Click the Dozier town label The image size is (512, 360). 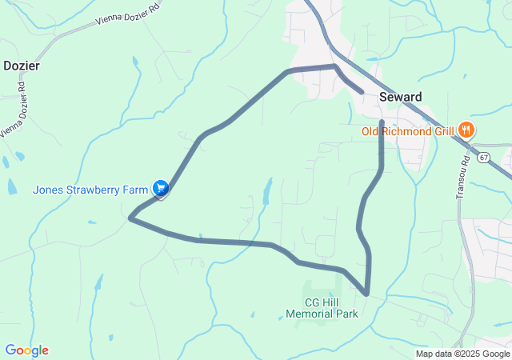tap(21, 66)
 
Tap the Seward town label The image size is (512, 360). tap(400, 97)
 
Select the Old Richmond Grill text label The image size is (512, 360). tap(407, 131)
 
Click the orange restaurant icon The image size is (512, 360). tap(466, 130)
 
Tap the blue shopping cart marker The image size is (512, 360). tap(161, 188)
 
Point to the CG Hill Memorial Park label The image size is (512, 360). tap(322, 308)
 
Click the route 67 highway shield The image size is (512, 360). tap(484, 158)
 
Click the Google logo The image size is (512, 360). tap(26, 350)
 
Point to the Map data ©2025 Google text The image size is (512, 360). tap(462, 354)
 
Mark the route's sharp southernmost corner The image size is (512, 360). tap(366, 294)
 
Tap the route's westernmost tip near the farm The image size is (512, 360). tap(130, 217)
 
